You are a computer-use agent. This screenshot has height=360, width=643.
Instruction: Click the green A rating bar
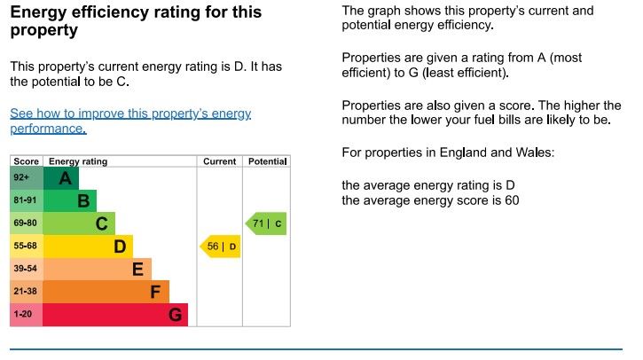60,178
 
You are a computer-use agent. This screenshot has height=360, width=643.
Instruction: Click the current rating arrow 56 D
220,247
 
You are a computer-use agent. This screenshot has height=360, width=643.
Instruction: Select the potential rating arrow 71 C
266,223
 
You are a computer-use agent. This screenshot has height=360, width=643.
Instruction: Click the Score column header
27,161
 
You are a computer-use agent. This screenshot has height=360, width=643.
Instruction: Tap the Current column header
220,161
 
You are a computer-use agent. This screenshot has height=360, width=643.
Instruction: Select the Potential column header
267,161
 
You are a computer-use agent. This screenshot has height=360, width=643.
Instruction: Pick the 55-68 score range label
26,247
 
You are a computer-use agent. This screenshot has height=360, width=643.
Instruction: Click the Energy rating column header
78,161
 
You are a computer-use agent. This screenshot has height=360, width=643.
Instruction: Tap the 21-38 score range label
26,292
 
